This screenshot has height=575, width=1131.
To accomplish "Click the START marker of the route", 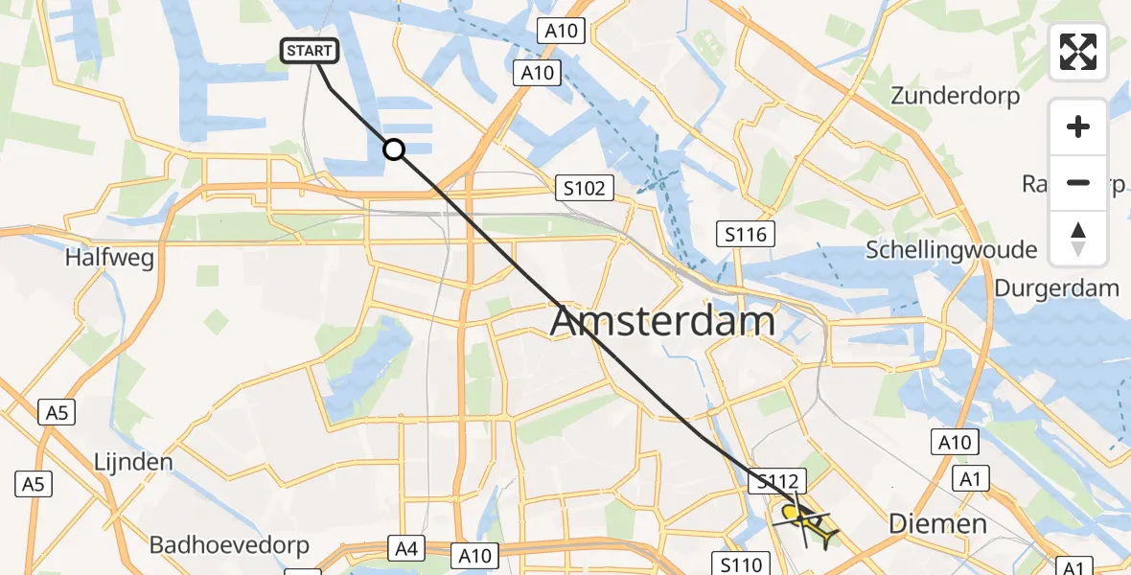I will coord(310,51).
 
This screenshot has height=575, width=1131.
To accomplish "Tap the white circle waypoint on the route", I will coord(393,149).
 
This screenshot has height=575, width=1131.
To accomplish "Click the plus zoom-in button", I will coord(1078,126).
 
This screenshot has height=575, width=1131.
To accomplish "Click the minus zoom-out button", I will coord(1078,182).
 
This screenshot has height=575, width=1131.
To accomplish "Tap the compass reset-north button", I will coord(1078,238).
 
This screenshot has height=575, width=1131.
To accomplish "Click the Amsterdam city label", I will coord(662,321).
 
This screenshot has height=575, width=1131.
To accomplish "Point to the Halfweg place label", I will coord(109,258).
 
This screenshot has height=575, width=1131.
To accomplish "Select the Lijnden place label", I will coord(133,462).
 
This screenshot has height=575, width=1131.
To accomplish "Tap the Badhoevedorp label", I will coord(229,545).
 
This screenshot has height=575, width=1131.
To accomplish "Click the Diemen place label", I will coord(937,523).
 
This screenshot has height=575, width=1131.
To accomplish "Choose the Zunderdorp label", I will coord(955,96).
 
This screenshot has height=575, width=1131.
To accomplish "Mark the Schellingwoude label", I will coord(951,250).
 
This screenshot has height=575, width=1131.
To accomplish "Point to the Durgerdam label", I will coord(1056,287).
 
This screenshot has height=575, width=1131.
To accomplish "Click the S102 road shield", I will coord(585,189).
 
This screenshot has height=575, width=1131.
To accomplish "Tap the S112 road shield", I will coord(780,482).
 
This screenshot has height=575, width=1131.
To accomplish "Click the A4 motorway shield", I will coord(404,549).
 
